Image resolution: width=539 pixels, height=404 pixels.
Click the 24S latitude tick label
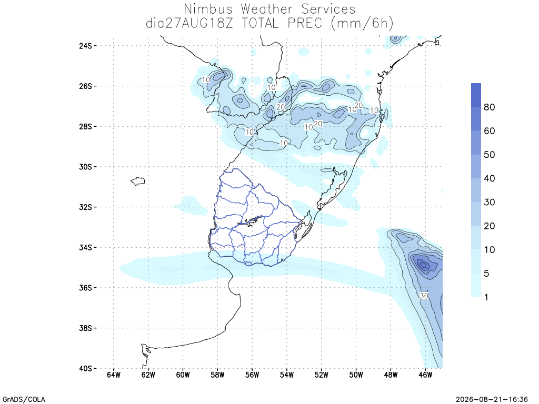coord(86,46)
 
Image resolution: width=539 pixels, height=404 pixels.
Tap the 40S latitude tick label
coord(86,369)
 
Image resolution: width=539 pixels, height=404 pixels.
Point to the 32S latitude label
coord(86,207)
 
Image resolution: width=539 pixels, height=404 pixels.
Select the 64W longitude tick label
coord(114,375)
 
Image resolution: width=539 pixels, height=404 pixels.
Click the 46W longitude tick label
coord(425,375)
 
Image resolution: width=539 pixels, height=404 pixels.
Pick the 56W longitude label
coord(252,375)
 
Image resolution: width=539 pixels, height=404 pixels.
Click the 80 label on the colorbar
coord(490,107)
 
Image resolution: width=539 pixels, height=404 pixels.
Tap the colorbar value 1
coord(486,297)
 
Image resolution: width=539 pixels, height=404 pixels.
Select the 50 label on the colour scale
coord(490,155)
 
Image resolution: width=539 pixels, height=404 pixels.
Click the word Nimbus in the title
coord(208,9)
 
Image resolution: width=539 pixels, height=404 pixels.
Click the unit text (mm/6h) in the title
coord(362,24)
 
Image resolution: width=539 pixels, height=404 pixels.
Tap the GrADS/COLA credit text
coord(24,399)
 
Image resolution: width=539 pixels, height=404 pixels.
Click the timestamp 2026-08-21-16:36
coord(492,399)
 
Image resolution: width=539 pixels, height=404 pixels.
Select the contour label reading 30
coord(424,296)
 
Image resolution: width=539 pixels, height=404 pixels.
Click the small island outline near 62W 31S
coord(138,181)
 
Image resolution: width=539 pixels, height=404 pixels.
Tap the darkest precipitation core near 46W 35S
coord(423,265)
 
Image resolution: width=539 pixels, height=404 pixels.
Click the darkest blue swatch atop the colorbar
coord(476,95)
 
